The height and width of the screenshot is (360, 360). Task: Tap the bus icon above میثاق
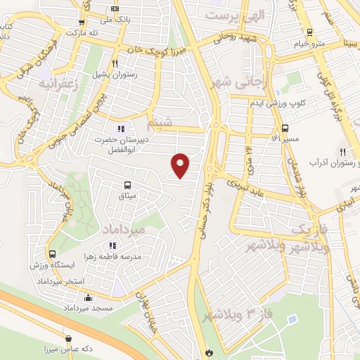point(127,186)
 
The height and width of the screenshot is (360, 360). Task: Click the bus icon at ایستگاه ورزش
point(52,255)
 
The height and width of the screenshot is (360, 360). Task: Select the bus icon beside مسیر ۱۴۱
point(285,129)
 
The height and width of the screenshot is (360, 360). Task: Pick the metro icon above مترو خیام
point(310,32)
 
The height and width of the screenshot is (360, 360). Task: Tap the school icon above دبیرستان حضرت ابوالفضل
point(121,129)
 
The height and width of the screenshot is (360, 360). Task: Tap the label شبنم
point(159,124)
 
